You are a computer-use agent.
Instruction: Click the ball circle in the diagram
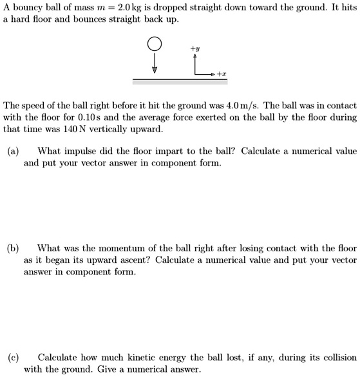click(x=154, y=44)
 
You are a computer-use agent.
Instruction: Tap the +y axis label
click(x=194, y=48)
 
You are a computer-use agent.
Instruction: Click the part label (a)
click(x=13, y=151)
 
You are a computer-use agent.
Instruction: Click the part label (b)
click(x=13, y=248)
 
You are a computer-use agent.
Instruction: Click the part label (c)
click(x=13, y=357)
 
